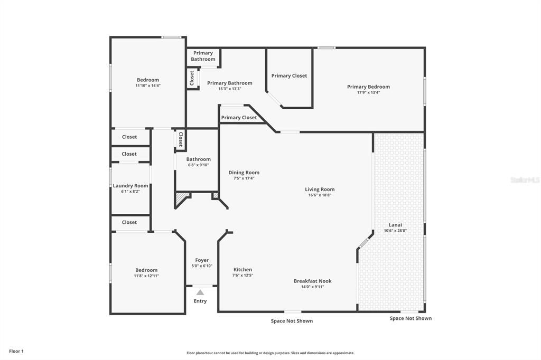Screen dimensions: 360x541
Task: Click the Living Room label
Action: tap(320, 190)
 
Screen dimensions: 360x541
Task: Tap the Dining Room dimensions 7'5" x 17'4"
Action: tap(244, 178)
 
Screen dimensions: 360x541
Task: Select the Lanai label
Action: tap(396, 225)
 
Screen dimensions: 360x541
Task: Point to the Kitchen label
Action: tap(242, 270)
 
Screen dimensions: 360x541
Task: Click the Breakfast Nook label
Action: tap(312, 281)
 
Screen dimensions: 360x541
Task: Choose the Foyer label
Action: tap(202, 260)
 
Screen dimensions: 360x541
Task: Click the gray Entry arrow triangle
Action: tap(200, 292)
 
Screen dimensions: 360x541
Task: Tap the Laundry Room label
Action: tap(130, 186)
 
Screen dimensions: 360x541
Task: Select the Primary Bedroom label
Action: tap(368, 87)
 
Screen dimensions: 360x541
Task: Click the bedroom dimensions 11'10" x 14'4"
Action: tap(148, 86)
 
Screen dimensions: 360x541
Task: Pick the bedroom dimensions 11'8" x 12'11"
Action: tap(146, 276)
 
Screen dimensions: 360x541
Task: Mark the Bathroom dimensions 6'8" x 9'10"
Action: tap(198, 165)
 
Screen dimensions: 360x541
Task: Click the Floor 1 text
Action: tap(16, 351)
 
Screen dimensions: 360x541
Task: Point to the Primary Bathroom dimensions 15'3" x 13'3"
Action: tap(229, 89)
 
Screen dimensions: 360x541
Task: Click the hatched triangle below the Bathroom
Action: tap(182, 198)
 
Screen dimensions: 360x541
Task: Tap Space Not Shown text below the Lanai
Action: tap(411, 318)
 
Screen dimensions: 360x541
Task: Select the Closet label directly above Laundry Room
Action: tap(129, 154)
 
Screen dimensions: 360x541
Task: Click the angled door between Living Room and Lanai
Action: tap(364, 243)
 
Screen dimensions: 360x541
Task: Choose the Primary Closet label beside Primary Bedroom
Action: tap(289, 76)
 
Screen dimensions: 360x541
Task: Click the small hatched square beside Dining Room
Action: tap(215, 196)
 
